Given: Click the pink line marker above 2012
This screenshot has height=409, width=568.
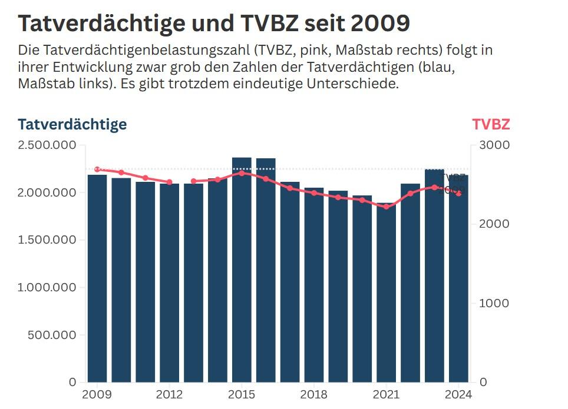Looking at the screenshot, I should coord(170,182).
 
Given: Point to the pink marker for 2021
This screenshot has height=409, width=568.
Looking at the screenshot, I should coord(386,207).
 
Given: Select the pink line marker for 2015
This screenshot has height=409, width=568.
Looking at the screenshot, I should coord(242,173).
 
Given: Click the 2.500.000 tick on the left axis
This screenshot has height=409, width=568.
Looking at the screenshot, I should coord(47,145).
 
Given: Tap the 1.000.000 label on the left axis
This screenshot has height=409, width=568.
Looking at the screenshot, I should coord(47,288).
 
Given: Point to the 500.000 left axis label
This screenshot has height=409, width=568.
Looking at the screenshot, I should coord(52,335).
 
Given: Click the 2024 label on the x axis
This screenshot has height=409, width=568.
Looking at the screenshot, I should coord(459,394).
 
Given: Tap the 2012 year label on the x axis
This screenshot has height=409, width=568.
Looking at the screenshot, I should coord(170,394).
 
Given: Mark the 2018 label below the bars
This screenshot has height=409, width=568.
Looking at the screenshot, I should coord(314,394).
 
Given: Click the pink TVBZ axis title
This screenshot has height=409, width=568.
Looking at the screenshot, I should coord(491,125).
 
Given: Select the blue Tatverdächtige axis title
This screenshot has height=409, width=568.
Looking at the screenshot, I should coord(72,125).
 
